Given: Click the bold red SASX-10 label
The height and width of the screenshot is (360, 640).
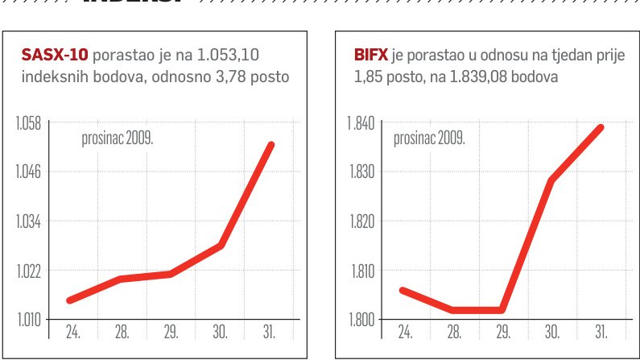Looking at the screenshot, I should [54, 55].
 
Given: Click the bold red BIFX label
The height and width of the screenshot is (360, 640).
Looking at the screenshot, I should [370, 55].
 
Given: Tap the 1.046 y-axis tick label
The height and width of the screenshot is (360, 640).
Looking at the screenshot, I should [29, 172].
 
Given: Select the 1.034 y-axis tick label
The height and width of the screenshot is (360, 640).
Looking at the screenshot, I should [29, 221].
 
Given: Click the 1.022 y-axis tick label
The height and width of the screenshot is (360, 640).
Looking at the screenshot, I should [29, 271].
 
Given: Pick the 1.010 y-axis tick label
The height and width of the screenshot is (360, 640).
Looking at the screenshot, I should [29, 320].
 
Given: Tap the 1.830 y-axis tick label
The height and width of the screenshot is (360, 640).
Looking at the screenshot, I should [360, 172].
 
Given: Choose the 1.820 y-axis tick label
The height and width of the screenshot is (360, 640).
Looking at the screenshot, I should [360, 221].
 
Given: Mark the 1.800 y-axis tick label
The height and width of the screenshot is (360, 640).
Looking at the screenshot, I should [360, 320].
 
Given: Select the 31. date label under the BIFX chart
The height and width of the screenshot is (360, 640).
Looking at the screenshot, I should [601, 331].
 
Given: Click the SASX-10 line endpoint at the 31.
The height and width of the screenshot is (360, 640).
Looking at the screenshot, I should [271, 146].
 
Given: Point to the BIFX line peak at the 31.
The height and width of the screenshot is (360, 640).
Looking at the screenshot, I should [601, 127].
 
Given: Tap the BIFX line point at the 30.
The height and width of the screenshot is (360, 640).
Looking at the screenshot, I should [551, 180].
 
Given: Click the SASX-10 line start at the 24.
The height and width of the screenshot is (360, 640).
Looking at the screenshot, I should [70, 300].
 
